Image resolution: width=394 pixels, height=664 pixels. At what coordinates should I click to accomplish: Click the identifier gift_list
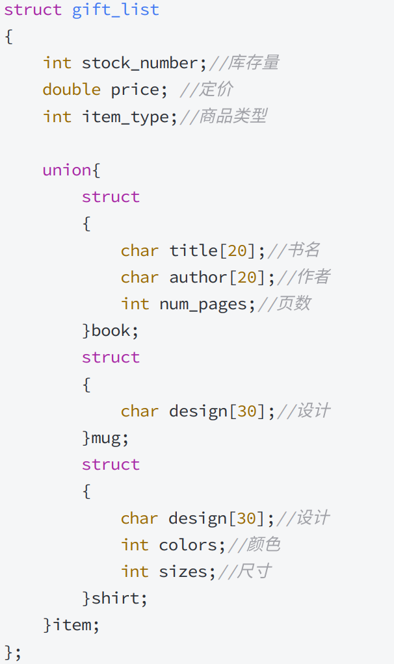click(x=115, y=10)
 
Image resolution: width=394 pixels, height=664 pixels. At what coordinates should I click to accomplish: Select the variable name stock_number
click(x=140, y=63)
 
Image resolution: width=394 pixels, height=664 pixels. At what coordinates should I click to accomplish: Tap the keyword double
click(x=72, y=90)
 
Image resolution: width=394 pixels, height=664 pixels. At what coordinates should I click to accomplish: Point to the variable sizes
click(x=183, y=572)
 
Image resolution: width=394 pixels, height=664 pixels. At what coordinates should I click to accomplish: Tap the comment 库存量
click(x=253, y=63)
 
